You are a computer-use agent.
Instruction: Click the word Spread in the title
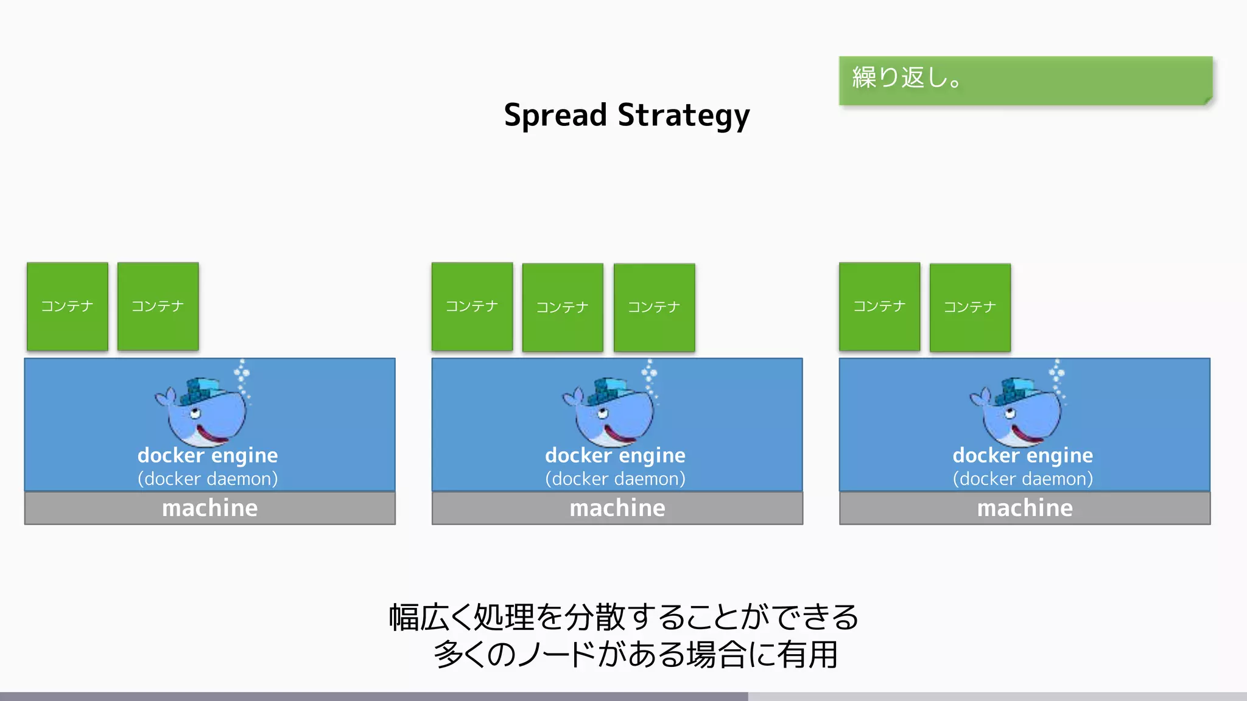coord(555,115)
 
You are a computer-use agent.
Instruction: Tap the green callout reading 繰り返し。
coord(1025,80)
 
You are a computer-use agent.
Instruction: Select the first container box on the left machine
coord(68,306)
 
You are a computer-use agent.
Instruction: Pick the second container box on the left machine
coord(158,306)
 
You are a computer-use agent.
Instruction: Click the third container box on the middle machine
coord(654,307)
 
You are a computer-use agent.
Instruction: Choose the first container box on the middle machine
coord(472,306)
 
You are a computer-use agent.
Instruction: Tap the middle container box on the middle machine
coord(563,307)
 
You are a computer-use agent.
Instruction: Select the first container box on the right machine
coord(879,306)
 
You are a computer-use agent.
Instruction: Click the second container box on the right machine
coord(970,307)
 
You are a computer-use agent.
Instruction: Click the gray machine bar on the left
coord(209,508)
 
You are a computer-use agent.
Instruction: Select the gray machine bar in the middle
coord(617,508)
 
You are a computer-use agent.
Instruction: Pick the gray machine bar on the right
coord(1025,508)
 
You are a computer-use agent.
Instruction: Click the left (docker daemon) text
coord(208,479)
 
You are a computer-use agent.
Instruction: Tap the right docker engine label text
coord(1023,455)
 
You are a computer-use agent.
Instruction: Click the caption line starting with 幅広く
coord(623,617)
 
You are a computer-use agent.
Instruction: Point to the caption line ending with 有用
coord(636,655)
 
